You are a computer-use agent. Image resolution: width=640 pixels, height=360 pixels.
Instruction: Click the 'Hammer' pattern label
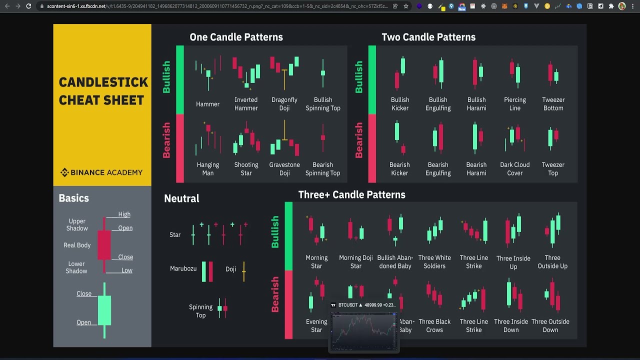207,104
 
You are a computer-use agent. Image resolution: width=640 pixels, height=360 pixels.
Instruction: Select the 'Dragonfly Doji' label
284,104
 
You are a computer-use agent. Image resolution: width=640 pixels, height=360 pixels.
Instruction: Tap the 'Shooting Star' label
246,169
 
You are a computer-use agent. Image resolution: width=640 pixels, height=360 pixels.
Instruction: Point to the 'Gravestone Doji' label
284,169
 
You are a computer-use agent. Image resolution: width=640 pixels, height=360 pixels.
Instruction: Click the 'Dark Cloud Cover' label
514,169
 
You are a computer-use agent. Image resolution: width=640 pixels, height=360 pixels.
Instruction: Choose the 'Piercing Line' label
514,104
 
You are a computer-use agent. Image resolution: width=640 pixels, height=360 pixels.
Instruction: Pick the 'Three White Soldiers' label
434,262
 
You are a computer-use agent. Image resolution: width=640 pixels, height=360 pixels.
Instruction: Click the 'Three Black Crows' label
434,326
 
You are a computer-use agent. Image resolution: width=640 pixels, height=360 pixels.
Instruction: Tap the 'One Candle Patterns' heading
236,37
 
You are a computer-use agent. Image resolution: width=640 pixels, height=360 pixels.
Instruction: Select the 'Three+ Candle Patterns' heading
351,194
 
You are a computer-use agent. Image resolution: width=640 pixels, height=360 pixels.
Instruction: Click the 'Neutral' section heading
181,198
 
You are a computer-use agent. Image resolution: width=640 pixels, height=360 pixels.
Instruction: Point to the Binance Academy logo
101,172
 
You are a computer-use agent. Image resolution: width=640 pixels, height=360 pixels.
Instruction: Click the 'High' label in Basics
124,214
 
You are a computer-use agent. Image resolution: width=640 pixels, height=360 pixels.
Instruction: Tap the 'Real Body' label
77,245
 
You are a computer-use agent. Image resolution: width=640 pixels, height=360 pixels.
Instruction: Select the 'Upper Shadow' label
77,224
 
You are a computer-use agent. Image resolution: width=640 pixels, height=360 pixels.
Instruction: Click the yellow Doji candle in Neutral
244,270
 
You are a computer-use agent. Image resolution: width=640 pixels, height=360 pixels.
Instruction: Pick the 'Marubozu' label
183,268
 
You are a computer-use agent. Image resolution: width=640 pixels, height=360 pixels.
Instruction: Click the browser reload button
28,6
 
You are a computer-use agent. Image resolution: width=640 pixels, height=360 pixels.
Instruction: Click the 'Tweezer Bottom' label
553,104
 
